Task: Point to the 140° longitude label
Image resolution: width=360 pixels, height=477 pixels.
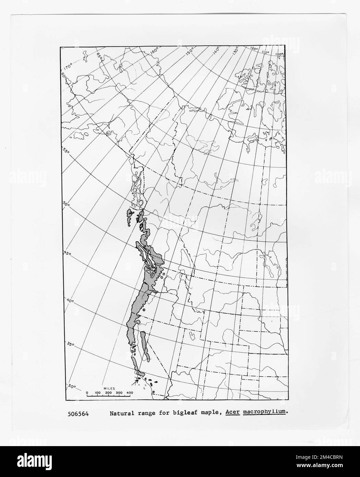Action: (216, 52)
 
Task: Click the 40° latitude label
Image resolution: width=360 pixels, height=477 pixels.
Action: (70, 301)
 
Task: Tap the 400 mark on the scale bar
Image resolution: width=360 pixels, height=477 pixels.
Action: (130, 392)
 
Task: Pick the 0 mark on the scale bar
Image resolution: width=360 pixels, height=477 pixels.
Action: (87, 392)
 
